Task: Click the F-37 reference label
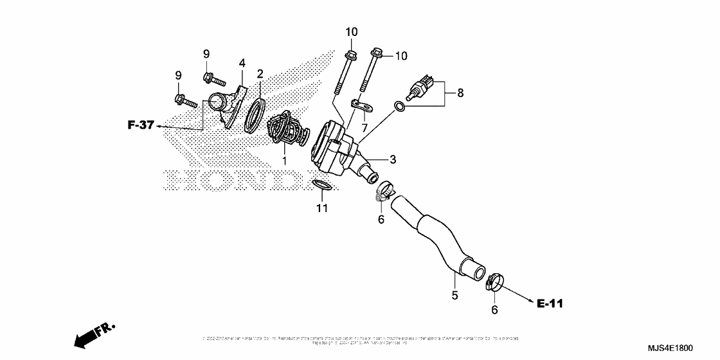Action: coord(141,125)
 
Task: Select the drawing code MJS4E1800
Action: coord(670,348)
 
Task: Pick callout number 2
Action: coord(260,73)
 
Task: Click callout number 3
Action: coord(392,158)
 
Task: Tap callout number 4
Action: coord(242,62)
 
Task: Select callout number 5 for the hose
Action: coord(454,295)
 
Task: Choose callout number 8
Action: coord(460,93)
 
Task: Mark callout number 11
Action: coord(322,208)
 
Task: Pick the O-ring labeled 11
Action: coord(323,185)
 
